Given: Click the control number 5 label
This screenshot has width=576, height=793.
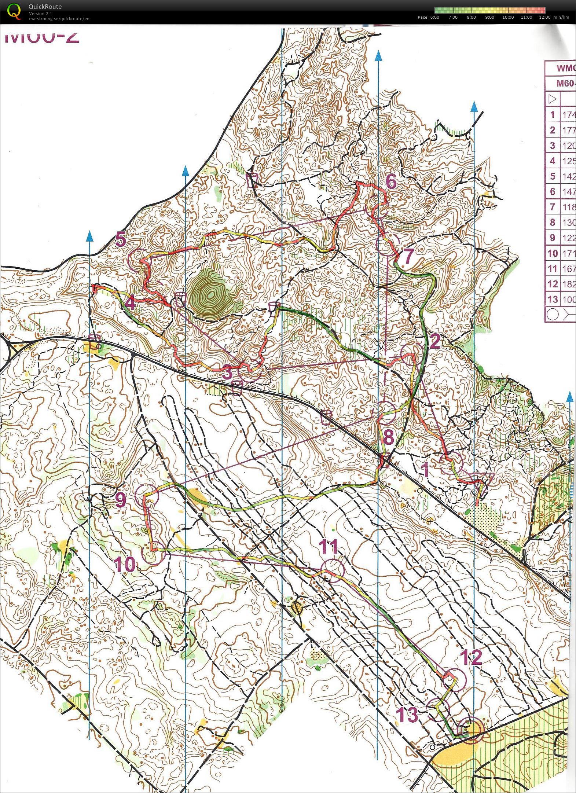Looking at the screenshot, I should [121, 240].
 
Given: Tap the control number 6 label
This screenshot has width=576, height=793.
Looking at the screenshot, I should [391, 181].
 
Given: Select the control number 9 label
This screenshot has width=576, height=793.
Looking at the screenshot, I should [121, 499].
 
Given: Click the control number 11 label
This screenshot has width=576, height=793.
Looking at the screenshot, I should [328, 547].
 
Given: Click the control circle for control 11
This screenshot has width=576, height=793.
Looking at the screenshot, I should [333, 570].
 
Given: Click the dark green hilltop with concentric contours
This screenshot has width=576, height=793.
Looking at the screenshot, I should [211, 293].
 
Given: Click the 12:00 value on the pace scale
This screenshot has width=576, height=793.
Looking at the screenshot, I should [544, 17].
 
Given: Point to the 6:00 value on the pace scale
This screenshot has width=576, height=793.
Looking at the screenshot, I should [434, 17].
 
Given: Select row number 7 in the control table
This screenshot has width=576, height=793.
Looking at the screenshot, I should [553, 207].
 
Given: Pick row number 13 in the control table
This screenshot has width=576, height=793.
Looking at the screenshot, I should [553, 299].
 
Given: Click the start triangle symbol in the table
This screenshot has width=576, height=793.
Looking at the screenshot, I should [553, 99].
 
